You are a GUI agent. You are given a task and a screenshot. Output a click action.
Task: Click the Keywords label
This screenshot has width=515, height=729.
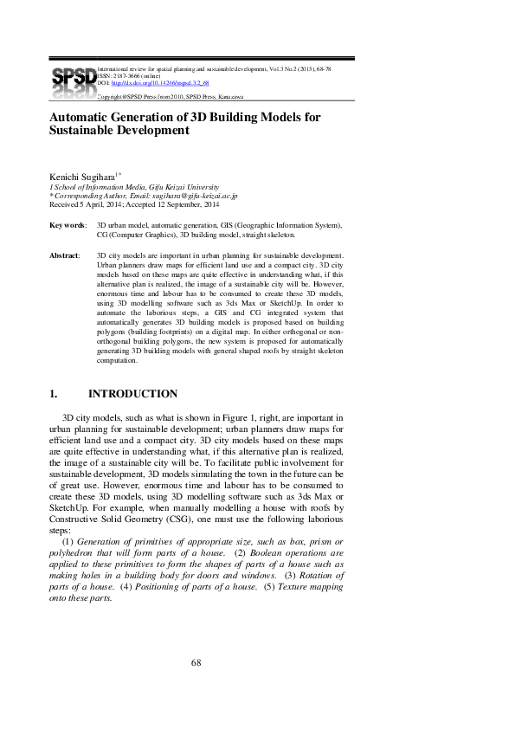(x=68, y=225)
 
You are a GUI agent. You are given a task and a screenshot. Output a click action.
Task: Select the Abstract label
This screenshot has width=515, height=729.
(x=65, y=255)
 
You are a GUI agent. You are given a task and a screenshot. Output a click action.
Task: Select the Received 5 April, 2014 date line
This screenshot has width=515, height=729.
(x=134, y=205)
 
